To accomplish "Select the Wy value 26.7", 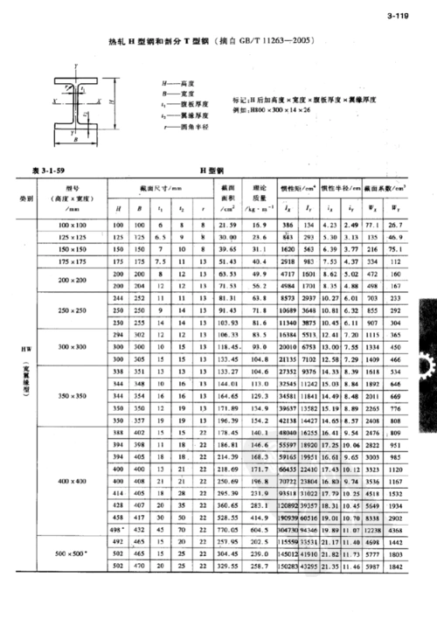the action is (396, 226).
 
